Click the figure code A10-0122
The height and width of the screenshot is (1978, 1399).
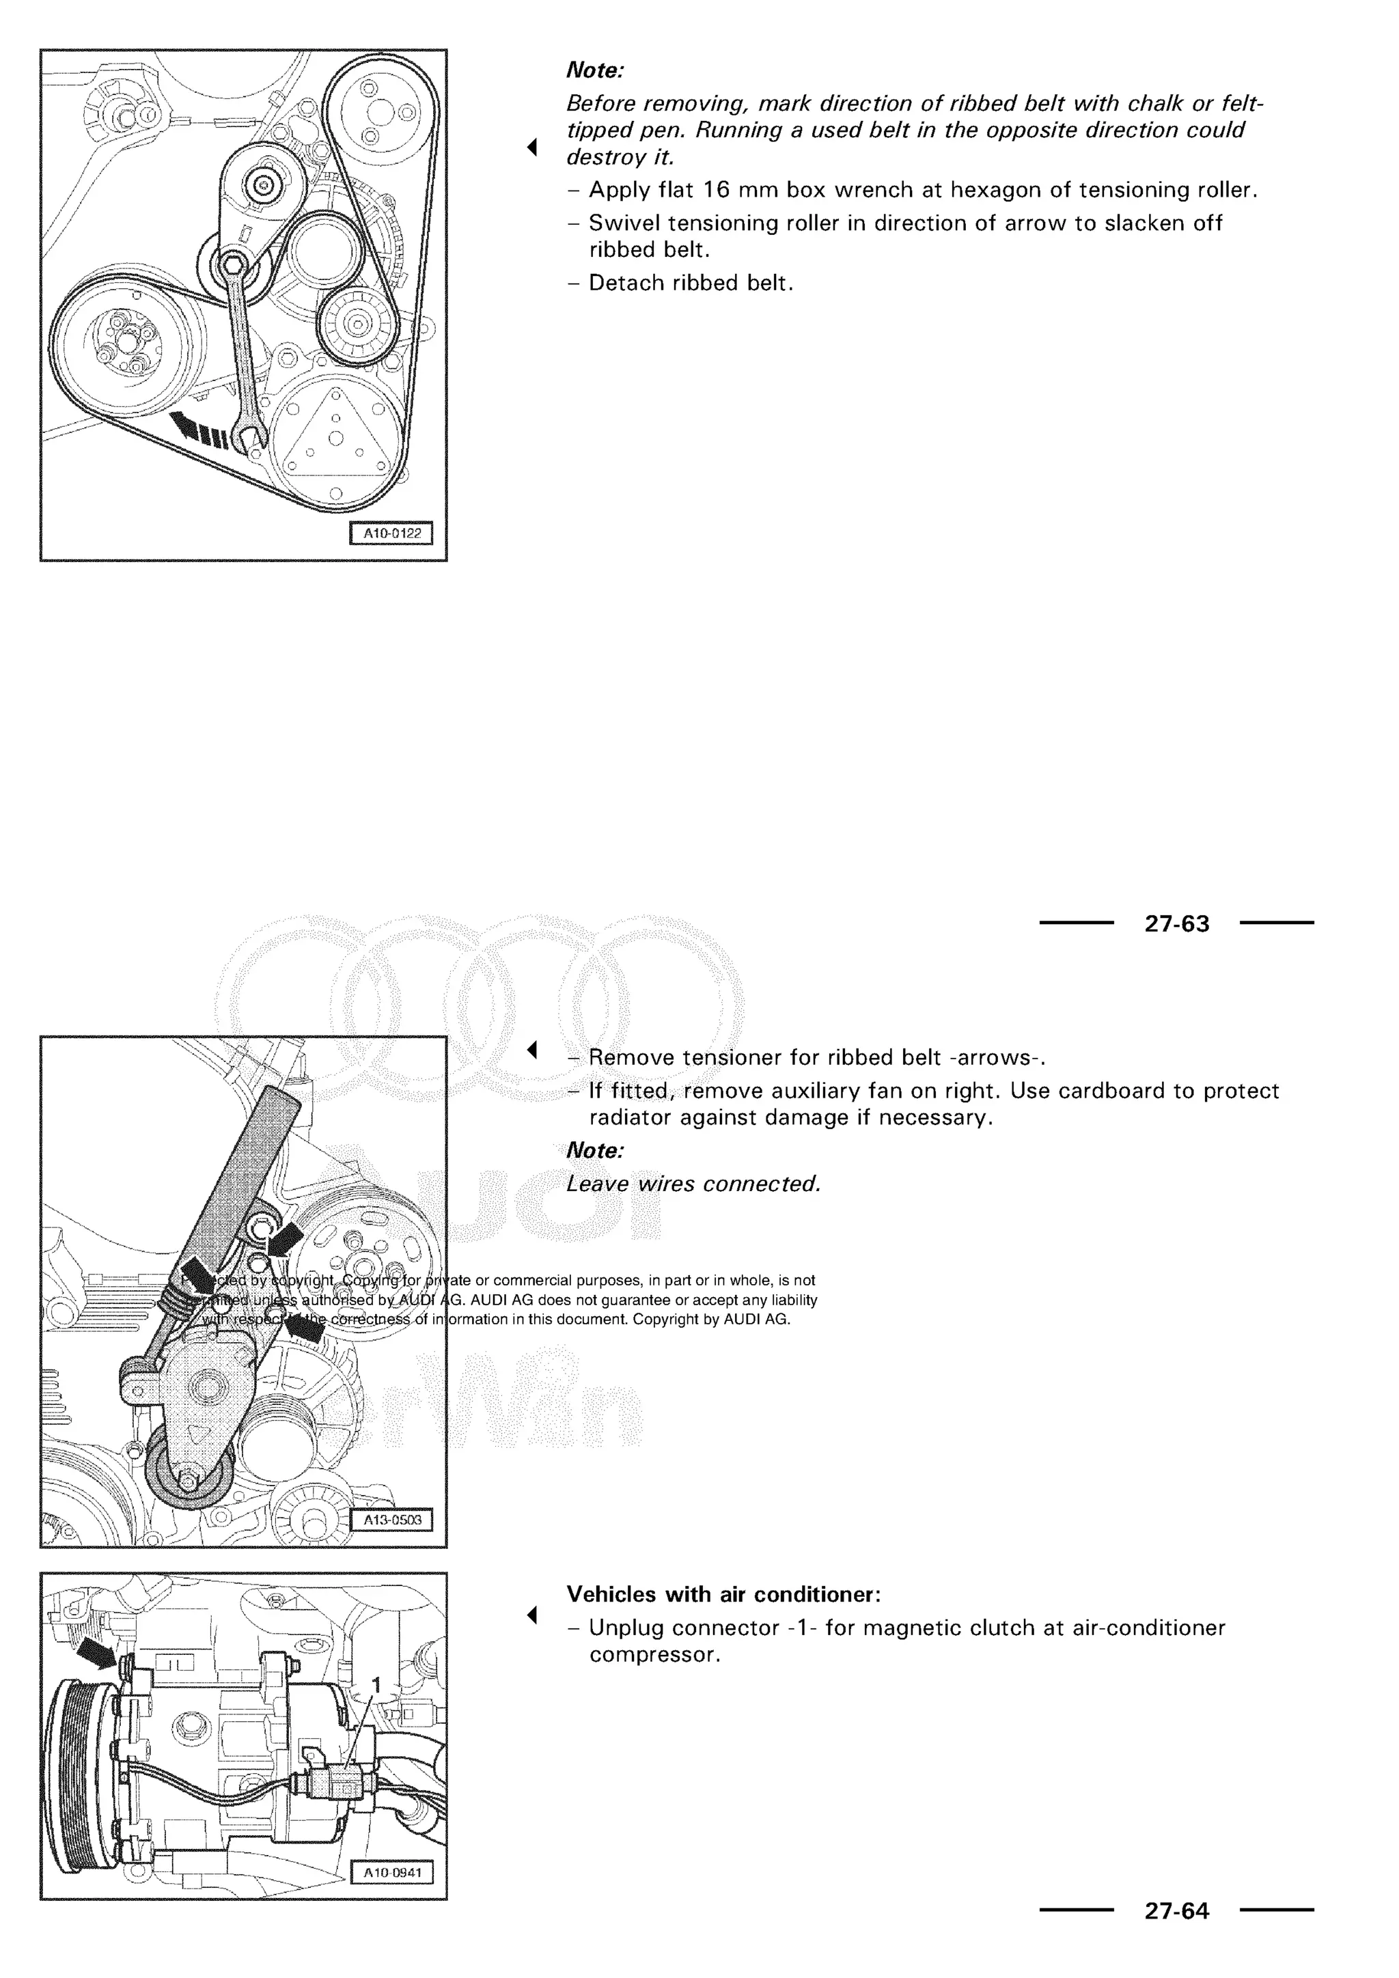point(392,533)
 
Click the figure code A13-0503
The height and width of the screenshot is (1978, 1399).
point(392,1520)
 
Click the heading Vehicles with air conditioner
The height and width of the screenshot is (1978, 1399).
point(723,1595)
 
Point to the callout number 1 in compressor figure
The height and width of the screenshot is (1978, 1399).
point(375,1684)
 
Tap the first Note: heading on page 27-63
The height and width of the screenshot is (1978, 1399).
point(594,70)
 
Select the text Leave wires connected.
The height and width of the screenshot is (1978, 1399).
point(693,1184)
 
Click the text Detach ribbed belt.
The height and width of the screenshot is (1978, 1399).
point(691,283)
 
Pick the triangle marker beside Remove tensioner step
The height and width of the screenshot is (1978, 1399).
point(532,1050)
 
